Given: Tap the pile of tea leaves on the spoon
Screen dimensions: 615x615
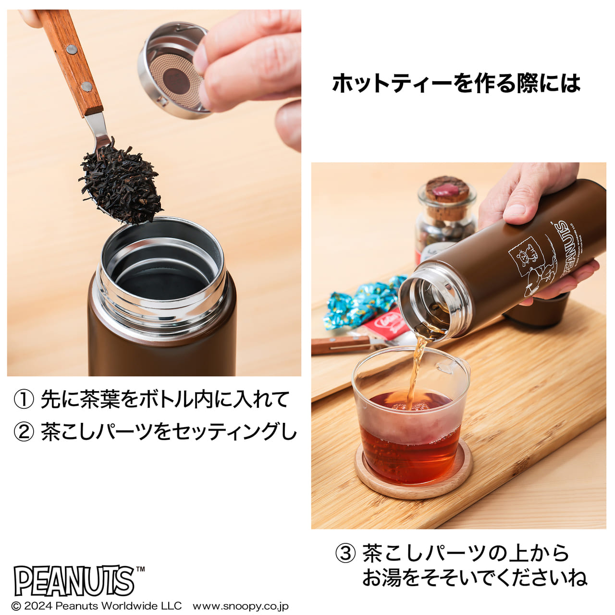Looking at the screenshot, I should [120, 183].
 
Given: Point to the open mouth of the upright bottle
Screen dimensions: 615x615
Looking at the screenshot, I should [161, 269].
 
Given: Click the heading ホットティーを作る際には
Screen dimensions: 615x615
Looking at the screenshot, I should [456, 83].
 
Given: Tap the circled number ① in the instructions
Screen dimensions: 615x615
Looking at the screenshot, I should [24, 400].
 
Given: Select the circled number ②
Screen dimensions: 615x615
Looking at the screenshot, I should [24, 432].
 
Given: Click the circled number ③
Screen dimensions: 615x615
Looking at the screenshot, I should [345, 553].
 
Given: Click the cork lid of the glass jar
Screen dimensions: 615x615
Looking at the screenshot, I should [447, 189].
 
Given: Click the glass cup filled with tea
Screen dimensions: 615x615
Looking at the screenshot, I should [411, 423].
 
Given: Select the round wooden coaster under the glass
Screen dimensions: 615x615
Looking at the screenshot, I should [413, 485].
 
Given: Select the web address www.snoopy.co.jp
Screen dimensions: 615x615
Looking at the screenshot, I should [240, 606].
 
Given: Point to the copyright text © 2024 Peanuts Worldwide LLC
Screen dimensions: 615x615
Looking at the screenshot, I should [96, 606].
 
